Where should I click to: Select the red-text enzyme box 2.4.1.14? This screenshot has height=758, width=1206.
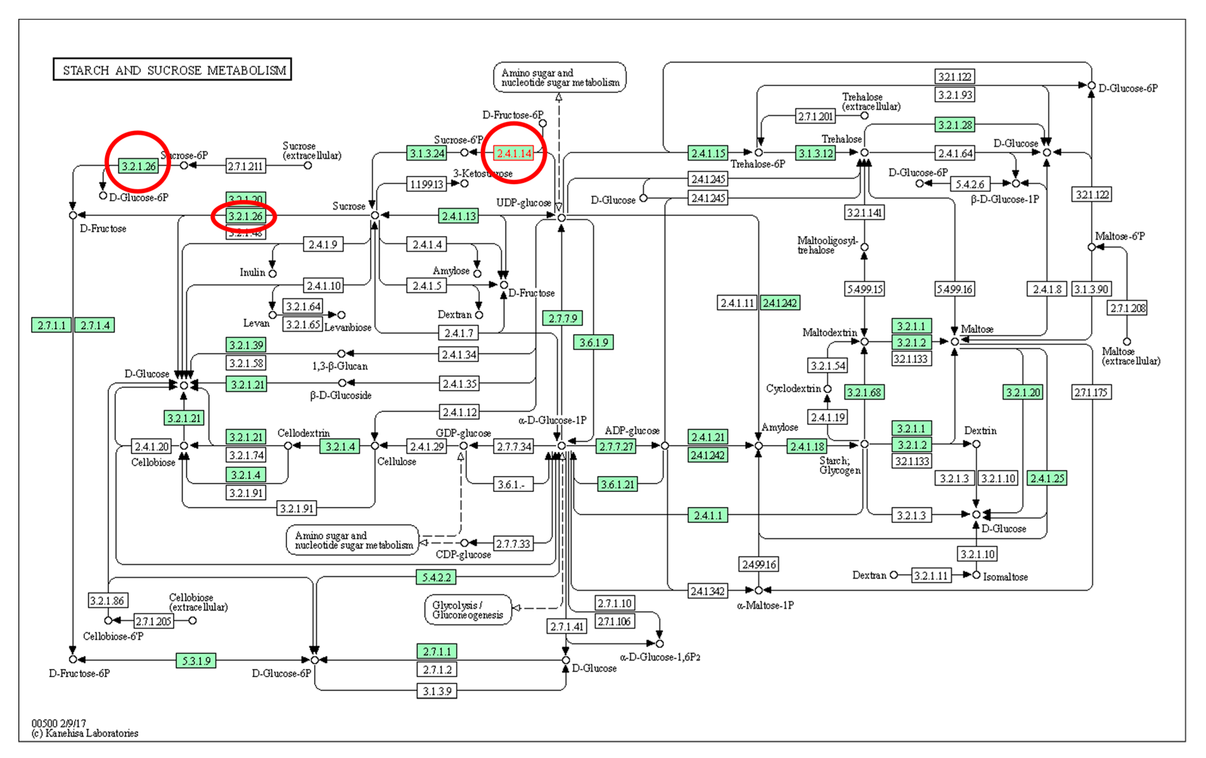click(x=514, y=153)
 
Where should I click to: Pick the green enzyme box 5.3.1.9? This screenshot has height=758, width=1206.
click(x=196, y=660)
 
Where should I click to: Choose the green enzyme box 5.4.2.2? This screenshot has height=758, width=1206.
click(x=436, y=577)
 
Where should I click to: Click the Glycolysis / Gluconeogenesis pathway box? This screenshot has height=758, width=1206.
click(x=468, y=609)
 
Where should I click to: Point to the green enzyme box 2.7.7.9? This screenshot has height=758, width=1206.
click(x=562, y=318)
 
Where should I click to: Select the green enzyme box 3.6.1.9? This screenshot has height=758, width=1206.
click(x=593, y=342)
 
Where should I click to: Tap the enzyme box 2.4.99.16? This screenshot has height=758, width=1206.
click(x=758, y=564)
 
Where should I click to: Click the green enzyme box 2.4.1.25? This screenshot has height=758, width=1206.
click(x=1046, y=478)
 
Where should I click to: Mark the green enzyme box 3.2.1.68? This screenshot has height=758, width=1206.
click(x=864, y=392)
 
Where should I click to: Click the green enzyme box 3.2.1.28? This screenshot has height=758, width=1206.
click(x=954, y=125)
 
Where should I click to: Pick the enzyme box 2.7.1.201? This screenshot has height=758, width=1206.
click(x=815, y=116)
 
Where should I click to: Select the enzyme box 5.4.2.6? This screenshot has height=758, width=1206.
click(x=970, y=184)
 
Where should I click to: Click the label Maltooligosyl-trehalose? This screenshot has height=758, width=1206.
click(x=827, y=245)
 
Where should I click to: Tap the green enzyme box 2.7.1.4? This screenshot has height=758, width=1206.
click(x=95, y=325)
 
